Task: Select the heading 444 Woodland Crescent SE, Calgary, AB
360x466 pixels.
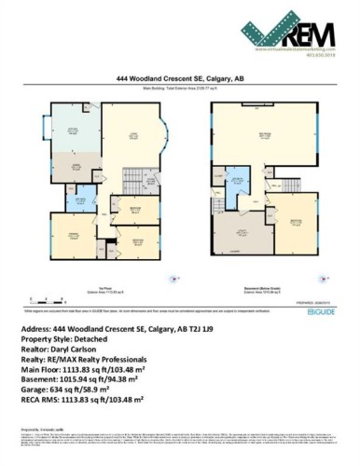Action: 180,80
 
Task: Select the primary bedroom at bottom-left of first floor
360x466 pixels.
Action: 70,234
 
